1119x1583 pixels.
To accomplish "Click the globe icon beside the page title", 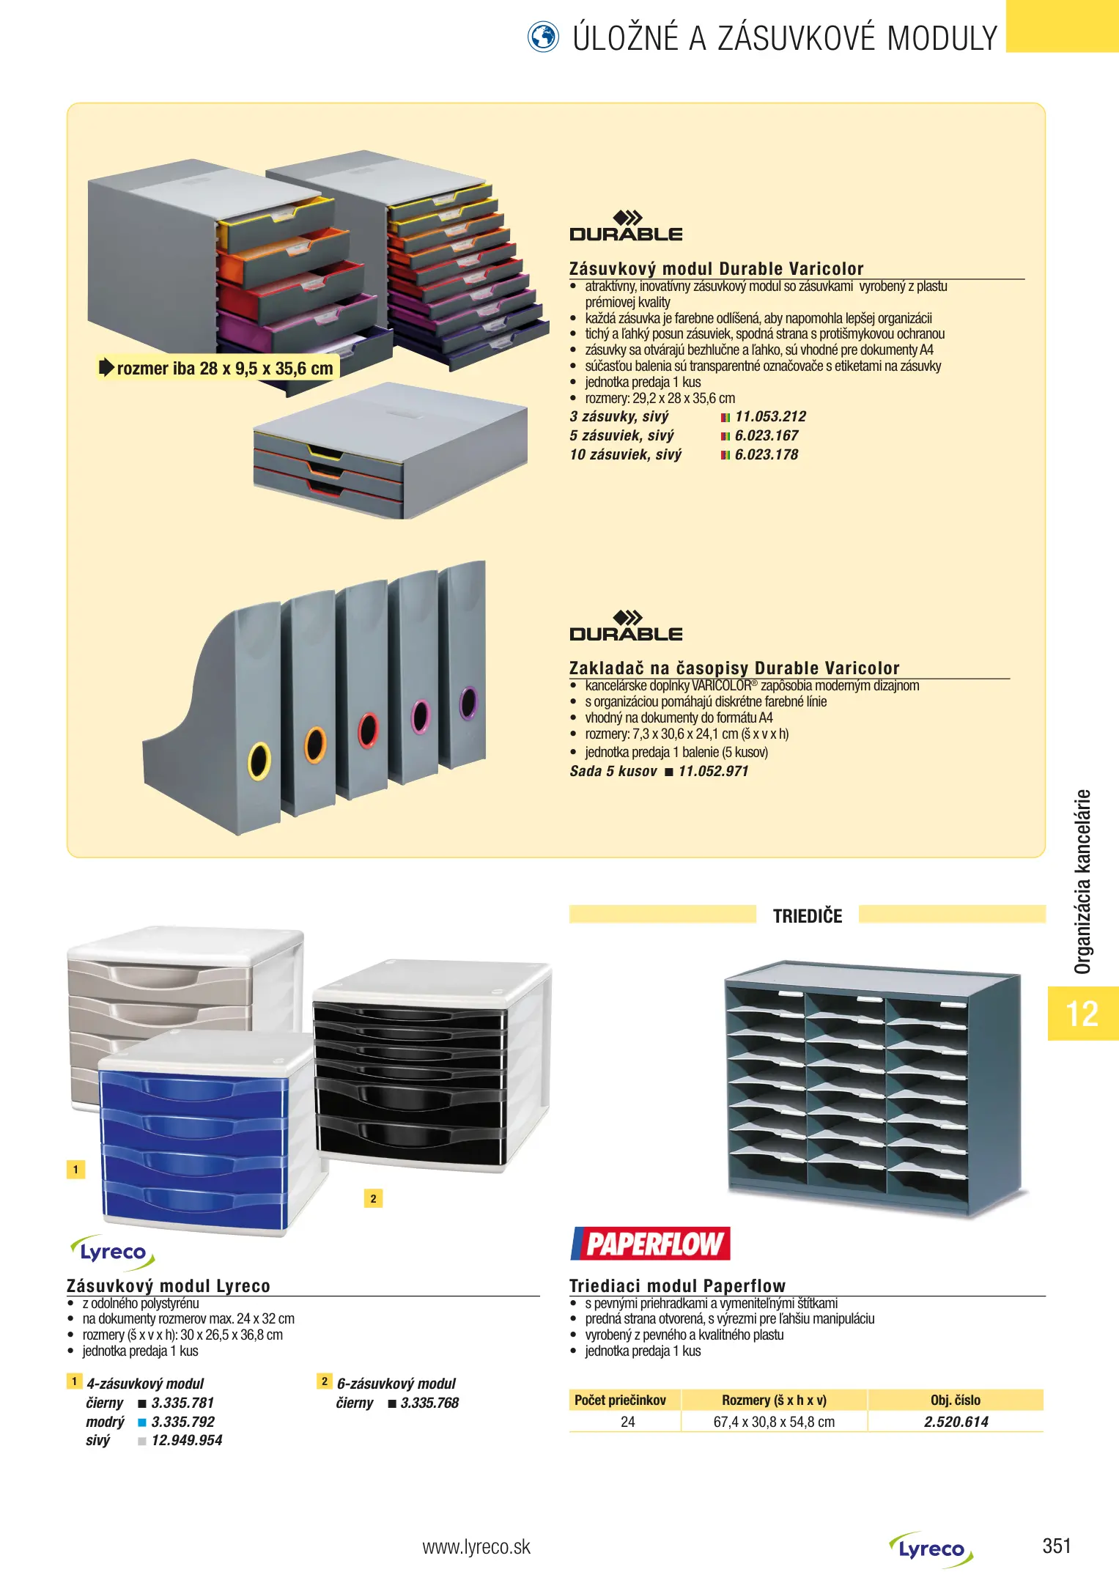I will [x=543, y=37].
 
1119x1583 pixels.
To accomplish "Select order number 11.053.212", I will [x=770, y=417].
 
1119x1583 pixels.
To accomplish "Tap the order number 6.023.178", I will [x=767, y=455].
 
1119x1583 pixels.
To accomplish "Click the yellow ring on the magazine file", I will [x=259, y=760].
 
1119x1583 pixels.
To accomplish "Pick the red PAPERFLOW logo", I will [x=651, y=1244].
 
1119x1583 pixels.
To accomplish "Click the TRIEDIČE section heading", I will [x=808, y=916].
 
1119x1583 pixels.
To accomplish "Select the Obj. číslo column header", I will [x=955, y=1400].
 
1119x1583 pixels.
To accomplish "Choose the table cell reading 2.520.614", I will [x=956, y=1422].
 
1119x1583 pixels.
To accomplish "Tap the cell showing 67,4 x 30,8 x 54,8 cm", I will [x=774, y=1422].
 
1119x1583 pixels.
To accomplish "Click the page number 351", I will [x=1056, y=1546].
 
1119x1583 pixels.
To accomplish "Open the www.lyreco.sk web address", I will [x=476, y=1547].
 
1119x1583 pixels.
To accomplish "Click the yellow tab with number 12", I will [x=1082, y=1014].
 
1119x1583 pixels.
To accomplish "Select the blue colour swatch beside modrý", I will [x=142, y=1423].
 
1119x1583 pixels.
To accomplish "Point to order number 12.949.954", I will [x=187, y=1441].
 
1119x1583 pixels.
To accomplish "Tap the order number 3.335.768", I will [x=429, y=1403].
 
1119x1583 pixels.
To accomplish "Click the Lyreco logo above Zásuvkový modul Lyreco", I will [x=113, y=1252].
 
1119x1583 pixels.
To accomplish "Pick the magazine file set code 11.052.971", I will [x=713, y=772].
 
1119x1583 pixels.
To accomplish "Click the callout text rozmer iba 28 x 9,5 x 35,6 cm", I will [x=224, y=369].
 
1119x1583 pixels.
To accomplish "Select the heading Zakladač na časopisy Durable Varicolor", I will [x=734, y=668].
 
